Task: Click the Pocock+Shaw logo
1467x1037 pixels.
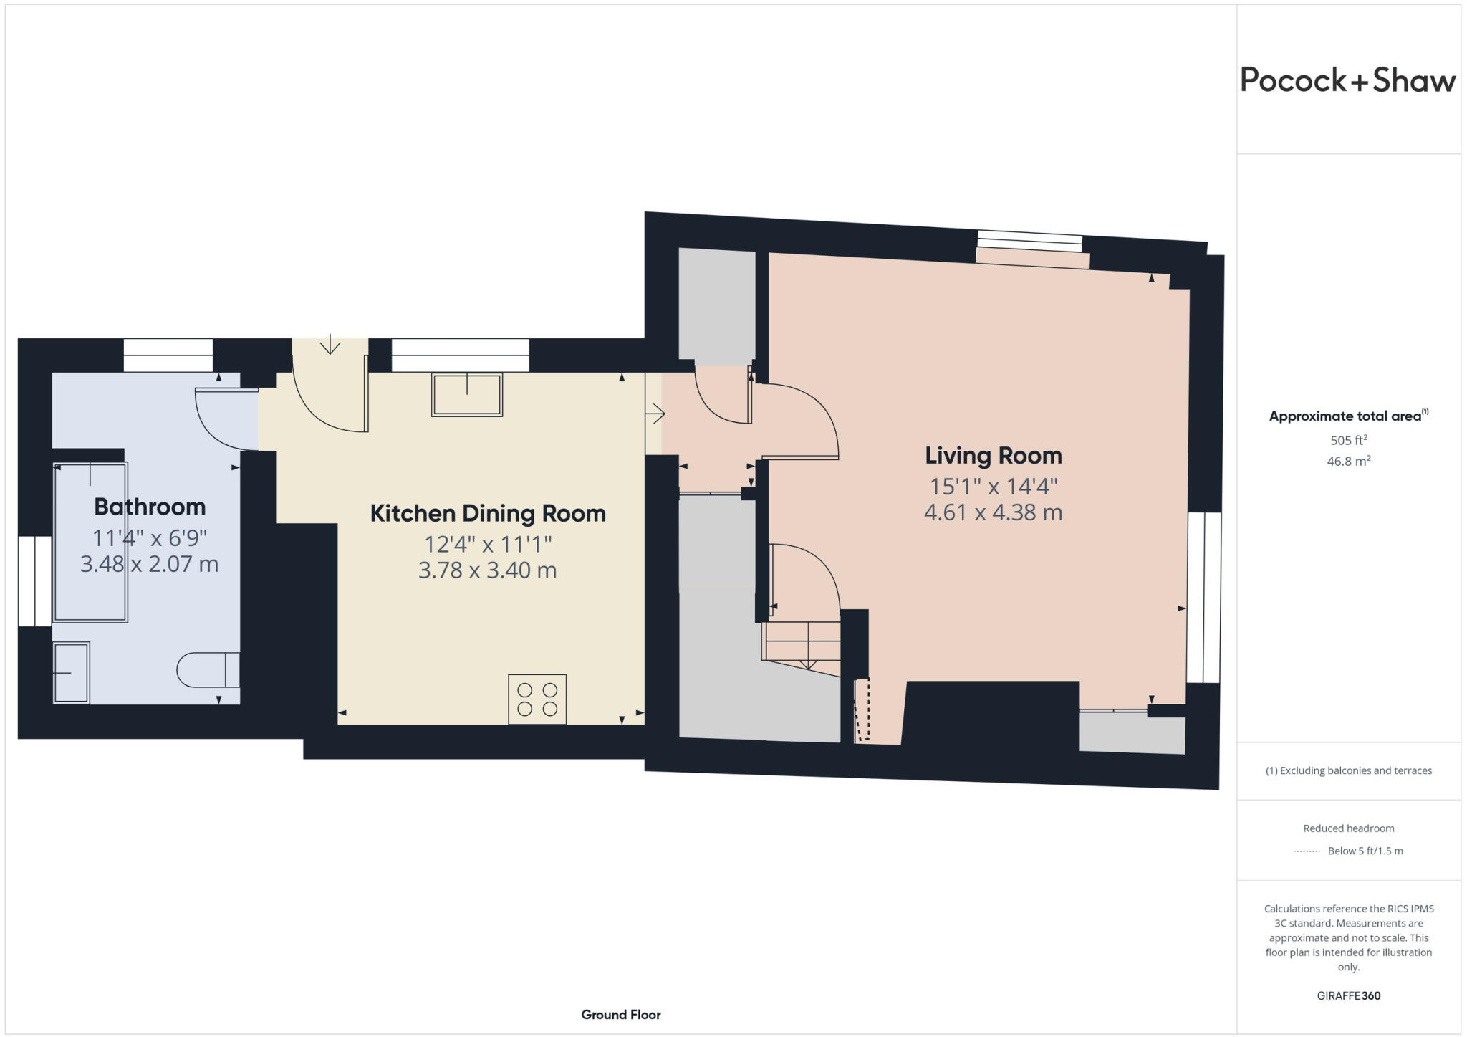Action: tap(1347, 80)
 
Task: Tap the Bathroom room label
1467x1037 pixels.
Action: tap(150, 507)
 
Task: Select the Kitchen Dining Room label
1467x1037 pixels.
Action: tap(488, 513)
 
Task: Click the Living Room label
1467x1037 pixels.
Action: tap(993, 455)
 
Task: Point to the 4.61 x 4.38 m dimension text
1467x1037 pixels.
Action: tap(993, 512)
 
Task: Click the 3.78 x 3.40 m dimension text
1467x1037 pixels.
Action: tap(488, 570)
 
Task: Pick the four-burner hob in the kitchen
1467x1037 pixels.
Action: tap(537, 699)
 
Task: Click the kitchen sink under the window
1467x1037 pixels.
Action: tap(467, 394)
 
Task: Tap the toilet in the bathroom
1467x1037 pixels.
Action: tap(208, 669)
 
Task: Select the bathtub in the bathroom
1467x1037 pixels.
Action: tap(90, 542)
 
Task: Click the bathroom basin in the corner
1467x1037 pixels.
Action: tap(71, 672)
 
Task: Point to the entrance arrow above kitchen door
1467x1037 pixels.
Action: tap(330, 345)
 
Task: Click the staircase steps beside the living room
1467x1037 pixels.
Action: tap(802, 641)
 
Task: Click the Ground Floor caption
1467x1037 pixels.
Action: tap(620, 1014)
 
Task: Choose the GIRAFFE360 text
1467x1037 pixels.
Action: tap(1348, 995)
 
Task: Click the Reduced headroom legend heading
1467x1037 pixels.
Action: tap(1348, 828)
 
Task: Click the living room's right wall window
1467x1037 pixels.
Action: tap(1204, 597)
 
